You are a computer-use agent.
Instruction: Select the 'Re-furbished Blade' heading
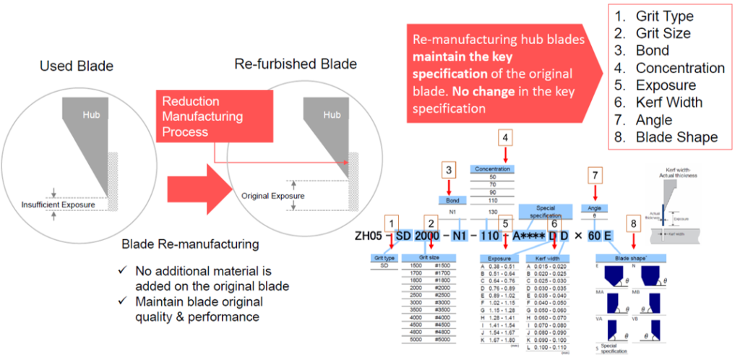(296, 64)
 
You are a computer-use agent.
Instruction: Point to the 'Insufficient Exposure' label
(58, 205)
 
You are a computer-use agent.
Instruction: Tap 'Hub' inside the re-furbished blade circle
(332, 115)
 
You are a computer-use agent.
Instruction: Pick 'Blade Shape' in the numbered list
(671, 137)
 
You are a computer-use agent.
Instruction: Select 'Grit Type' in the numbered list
(663, 16)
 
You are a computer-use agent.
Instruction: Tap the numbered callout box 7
(595, 175)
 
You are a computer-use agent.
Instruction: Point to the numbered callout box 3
(449, 171)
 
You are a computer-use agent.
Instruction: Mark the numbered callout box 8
(633, 224)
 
